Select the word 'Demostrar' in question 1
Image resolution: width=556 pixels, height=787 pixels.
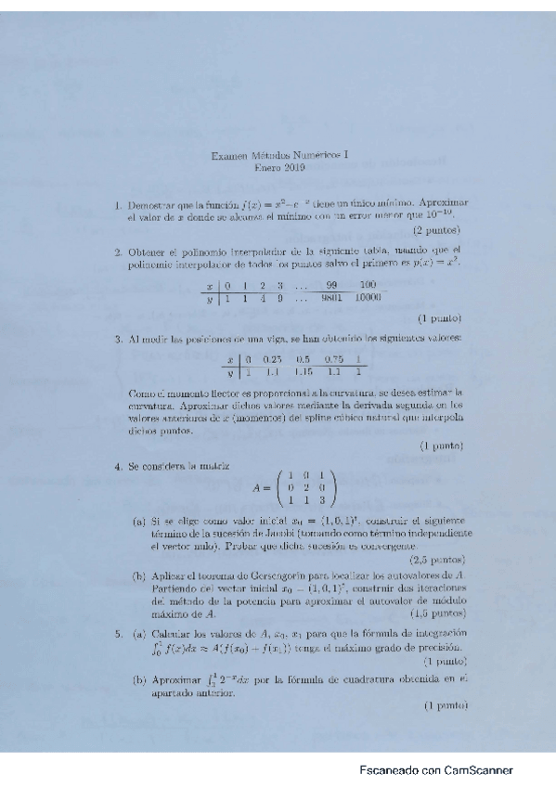(x=149, y=202)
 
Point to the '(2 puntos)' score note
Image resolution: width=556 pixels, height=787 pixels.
(x=436, y=229)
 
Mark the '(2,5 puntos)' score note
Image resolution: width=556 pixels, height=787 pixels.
(x=435, y=561)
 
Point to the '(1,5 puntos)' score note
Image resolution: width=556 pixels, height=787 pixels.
(x=435, y=613)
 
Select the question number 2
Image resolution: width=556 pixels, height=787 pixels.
(x=119, y=250)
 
